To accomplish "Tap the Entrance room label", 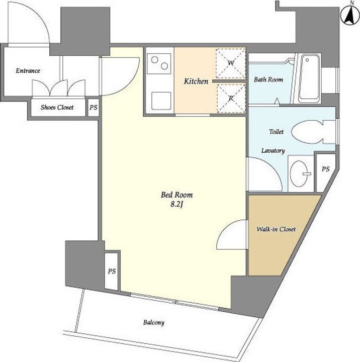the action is [28, 71].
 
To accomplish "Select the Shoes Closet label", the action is [57, 108].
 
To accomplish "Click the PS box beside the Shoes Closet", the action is [94, 108].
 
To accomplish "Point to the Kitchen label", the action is [196, 81].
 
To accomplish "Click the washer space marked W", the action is [230, 63].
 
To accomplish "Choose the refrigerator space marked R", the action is [231, 98].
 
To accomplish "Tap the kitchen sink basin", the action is [161, 101].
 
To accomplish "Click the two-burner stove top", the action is [159, 63].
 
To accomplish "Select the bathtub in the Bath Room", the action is [309, 78].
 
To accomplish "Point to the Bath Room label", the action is [268, 79].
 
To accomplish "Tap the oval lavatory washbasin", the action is [301, 173].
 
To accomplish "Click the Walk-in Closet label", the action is [276, 229].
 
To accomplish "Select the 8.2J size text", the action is [176, 205].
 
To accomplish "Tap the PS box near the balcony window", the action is [112, 271].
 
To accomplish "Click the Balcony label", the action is [154, 322].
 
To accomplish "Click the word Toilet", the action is [277, 132].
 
